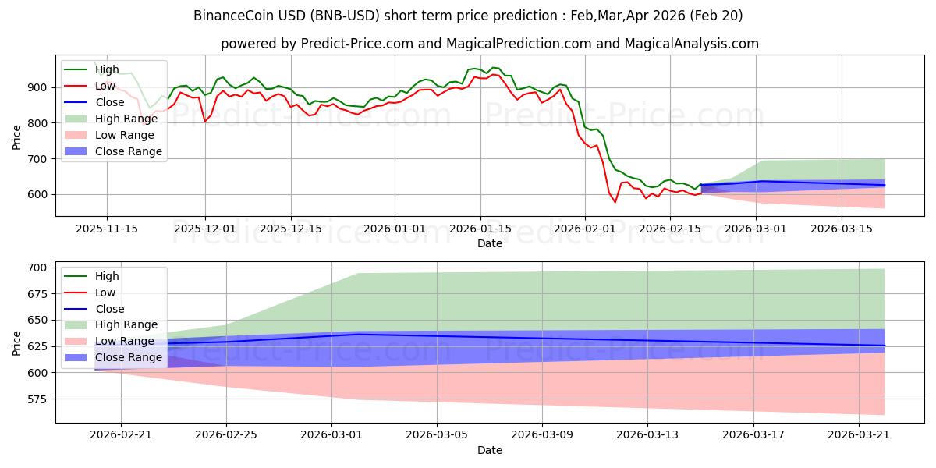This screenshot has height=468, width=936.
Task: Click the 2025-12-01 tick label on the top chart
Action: [x=205, y=229]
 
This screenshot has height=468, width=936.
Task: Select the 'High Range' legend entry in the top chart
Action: [x=129, y=119]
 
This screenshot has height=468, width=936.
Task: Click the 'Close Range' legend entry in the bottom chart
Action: [x=129, y=357]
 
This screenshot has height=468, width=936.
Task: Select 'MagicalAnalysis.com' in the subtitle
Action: [x=692, y=44]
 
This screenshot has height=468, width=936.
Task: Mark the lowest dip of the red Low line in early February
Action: [x=615, y=202]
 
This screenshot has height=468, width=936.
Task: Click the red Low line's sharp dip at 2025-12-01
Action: [x=205, y=121]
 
